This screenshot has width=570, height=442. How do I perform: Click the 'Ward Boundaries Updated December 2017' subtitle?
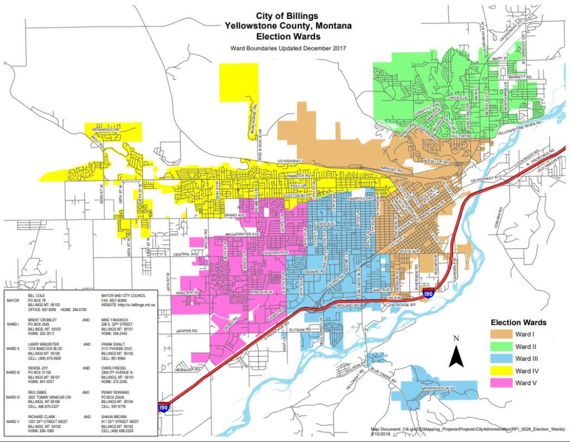(x=288, y=48)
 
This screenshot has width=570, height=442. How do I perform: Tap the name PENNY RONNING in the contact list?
(x=116, y=392)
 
